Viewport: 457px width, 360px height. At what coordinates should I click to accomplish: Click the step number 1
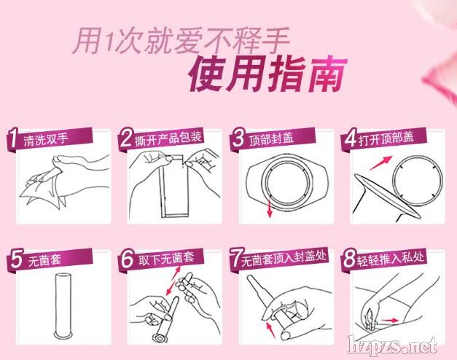tap(12, 138)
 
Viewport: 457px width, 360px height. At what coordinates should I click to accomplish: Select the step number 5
tap(16, 259)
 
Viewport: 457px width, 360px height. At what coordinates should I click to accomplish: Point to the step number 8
tap(349, 258)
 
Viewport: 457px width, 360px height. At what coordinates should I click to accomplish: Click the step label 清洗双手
tap(46, 139)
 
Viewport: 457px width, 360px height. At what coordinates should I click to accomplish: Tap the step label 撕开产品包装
tap(168, 138)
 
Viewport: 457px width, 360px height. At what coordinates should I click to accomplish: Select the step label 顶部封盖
tap(271, 138)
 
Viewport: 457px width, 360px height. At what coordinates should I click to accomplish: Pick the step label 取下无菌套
tap(166, 259)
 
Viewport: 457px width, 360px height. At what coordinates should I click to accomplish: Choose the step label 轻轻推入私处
tap(390, 258)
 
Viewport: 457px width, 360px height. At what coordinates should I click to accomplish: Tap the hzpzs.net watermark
tap(392, 345)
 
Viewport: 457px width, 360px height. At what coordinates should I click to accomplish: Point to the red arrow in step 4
tap(380, 163)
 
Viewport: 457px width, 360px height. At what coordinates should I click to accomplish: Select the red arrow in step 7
tap(271, 329)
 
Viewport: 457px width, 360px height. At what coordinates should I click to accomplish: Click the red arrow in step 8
tap(389, 321)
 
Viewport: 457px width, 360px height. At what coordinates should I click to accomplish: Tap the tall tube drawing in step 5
tap(63, 306)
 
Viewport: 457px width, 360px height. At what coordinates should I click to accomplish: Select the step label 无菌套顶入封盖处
tap(283, 258)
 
